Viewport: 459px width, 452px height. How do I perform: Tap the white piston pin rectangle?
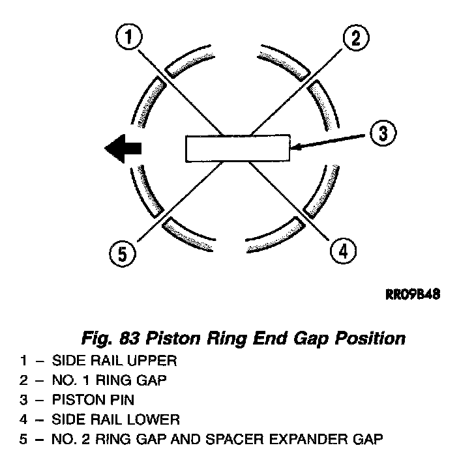click(x=238, y=148)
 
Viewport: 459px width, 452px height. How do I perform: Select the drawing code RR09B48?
click(x=413, y=294)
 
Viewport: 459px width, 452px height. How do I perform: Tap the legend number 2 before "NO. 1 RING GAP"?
click(x=23, y=380)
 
